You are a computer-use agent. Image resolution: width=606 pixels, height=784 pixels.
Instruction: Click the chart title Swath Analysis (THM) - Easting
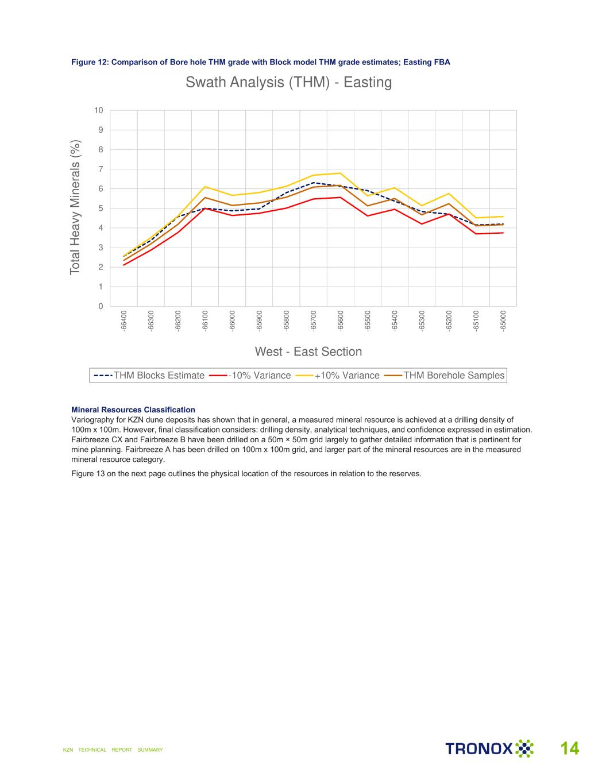pos(288,82)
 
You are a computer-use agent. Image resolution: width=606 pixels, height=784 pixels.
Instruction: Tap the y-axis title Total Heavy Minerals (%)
pos(75,207)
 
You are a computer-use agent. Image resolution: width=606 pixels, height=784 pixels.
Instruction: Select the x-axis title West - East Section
pos(308,352)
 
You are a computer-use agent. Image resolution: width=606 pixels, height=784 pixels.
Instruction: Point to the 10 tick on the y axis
pos(99,110)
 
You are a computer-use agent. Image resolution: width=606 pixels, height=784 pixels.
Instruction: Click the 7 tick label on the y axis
pos(101,169)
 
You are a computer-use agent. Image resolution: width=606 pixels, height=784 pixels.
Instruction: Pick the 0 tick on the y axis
pos(101,306)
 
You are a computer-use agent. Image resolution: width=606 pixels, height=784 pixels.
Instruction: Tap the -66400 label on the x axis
pos(123,320)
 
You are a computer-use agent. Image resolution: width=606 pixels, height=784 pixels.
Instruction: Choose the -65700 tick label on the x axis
pos(314,320)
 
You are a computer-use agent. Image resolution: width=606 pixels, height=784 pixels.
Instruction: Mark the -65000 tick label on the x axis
pos(503,320)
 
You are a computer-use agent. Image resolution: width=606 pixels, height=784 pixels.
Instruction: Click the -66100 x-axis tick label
pos(205,320)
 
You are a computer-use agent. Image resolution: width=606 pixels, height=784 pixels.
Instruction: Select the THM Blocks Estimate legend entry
pos(149,376)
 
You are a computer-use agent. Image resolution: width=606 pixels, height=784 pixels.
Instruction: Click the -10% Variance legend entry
pos(250,376)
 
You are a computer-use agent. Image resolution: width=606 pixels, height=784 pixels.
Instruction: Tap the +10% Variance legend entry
pos(338,376)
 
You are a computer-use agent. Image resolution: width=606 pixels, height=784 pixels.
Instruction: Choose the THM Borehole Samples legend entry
pos(445,376)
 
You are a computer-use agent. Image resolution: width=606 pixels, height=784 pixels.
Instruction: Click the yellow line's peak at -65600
pos(341,173)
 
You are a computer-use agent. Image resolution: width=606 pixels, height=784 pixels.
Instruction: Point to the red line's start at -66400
pos(123,265)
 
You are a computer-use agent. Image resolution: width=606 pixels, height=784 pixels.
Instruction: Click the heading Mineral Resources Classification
pos(133,410)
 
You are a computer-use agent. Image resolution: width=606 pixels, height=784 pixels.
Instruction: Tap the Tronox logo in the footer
pos(489,748)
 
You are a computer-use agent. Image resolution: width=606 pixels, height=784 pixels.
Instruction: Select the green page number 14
pos(570,748)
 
